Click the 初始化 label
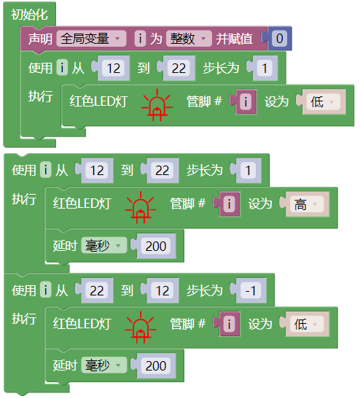click(29, 15)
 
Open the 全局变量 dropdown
click(91, 39)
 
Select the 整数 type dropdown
click(189, 39)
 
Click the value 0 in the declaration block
click(279, 39)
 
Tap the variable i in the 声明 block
click(140, 39)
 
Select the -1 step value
click(251, 290)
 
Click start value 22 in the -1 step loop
click(97, 290)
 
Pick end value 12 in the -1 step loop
click(163, 290)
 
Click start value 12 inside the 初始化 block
click(113, 68)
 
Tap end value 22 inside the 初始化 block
click(179, 68)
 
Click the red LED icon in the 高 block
click(141, 207)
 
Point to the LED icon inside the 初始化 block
click(157, 105)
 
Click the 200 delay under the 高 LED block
click(156, 246)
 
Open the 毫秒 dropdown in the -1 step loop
click(103, 365)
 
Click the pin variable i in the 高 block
click(230, 204)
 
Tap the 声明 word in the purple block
click(40, 39)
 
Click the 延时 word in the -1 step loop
click(65, 365)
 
